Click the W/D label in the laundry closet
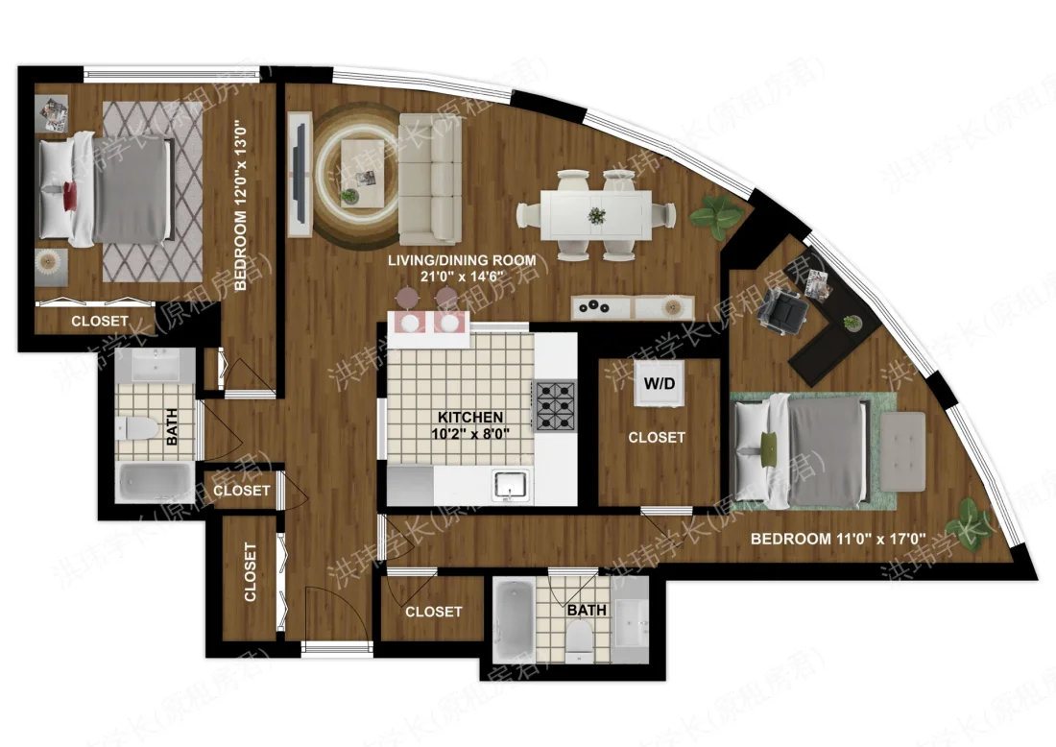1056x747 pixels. click(658, 384)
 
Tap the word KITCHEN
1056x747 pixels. click(470, 418)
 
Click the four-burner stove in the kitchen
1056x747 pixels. click(555, 405)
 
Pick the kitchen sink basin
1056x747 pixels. click(511, 484)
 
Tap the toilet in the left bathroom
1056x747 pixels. click(135, 427)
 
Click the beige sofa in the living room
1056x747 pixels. click(429, 177)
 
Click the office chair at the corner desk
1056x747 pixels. click(783, 309)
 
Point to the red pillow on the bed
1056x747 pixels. click(70, 196)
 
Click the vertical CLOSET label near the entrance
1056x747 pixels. click(251, 573)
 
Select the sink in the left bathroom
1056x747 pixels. click(155, 366)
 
